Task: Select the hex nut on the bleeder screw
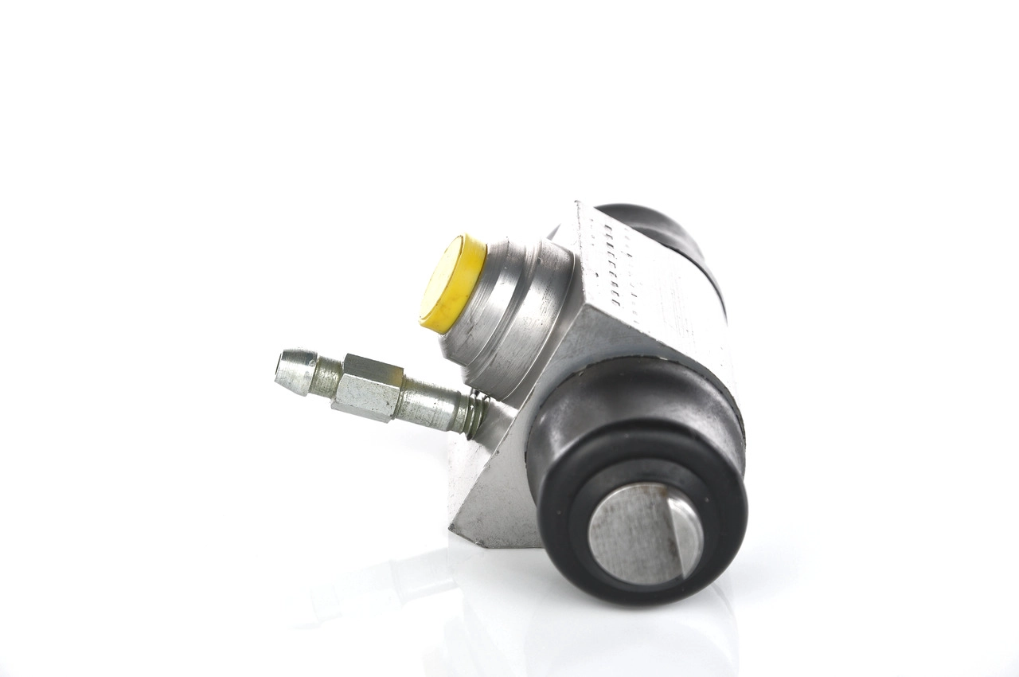(x=367, y=387)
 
